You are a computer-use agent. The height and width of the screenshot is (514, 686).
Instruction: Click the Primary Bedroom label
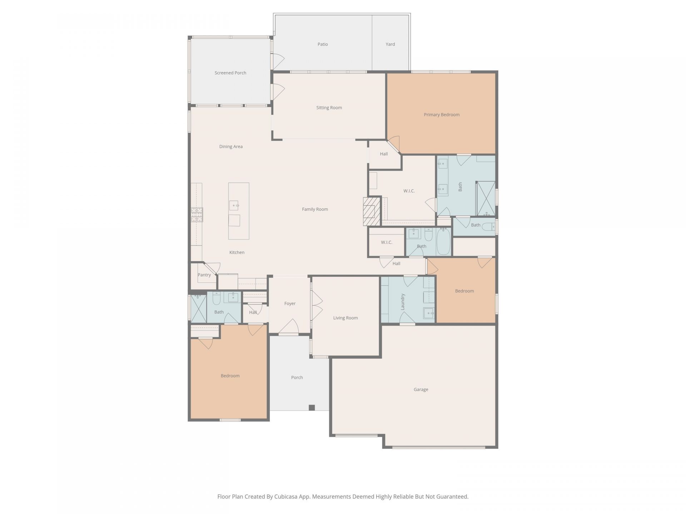pyautogui.click(x=442, y=115)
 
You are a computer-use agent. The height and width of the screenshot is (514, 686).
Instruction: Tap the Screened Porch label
pyautogui.click(x=230, y=73)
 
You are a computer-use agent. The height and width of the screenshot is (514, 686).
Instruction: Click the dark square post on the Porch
pyautogui.click(x=312, y=408)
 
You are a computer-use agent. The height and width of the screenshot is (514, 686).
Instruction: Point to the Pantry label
pyautogui.click(x=204, y=275)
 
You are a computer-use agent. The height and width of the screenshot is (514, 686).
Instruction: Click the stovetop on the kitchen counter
pyautogui.click(x=197, y=215)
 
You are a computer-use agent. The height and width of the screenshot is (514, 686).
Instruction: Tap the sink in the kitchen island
pyautogui.click(x=234, y=206)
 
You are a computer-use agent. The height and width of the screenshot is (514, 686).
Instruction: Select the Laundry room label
pyautogui.click(x=403, y=302)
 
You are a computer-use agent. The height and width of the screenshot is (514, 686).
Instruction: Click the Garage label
pyautogui.click(x=421, y=389)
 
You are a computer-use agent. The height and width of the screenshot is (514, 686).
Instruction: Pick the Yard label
pyautogui.click(x=390, y=44)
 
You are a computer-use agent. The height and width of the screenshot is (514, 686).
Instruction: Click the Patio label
pyautogui.click(x=323, y=44)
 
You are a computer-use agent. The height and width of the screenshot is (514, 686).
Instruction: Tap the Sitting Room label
pyautogui.click(x=329, y=107)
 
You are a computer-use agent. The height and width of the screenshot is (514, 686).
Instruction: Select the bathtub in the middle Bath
pyautogui.click(x=443, y=242)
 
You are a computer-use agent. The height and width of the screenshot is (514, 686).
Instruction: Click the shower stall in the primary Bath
pyautogui.click(x=486, y=198)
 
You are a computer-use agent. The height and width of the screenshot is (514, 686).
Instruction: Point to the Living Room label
pyautogui.click(x=345, y=318)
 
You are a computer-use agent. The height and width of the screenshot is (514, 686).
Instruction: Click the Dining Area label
pyautogui.click(x=231, y=146)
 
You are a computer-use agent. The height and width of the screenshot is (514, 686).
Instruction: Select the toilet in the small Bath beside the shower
pyautogui.click(x=488, y=226)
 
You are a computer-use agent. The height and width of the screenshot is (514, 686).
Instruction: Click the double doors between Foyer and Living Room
pyautogui.click(x=317, y=305)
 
